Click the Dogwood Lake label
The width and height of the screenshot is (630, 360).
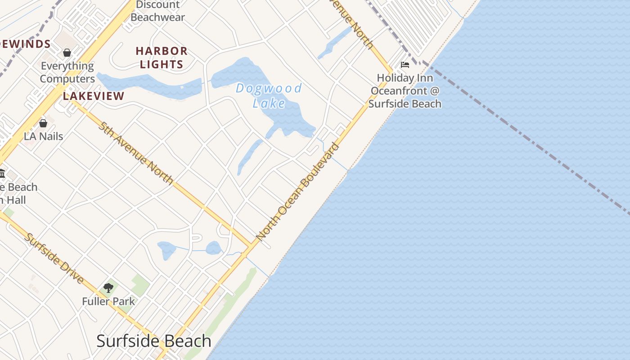tap(269, 95)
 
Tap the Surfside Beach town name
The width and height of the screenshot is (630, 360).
tap(154, 341)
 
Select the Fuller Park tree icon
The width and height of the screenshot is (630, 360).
tap(108, 288)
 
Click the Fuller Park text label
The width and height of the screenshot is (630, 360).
tap(108, 301)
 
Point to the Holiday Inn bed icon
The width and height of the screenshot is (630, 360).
tap(405, 65)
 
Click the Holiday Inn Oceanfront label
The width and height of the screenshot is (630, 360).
tap(405, 91)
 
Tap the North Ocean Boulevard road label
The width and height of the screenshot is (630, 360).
tap(297, 192)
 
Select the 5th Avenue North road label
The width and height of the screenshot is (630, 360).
tap(136, 153)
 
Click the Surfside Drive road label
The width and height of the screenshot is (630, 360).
tap(54, 258)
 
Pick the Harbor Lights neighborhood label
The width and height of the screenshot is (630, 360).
tap(162, 58)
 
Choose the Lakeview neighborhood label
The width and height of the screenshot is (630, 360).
tap(94, 96)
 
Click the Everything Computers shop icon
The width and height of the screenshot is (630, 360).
tap(67, 53)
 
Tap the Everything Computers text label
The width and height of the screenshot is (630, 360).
tap(67, 72)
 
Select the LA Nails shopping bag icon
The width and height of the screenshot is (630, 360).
tap(43, 123)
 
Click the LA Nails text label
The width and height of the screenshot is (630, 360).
tap(43, 136)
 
